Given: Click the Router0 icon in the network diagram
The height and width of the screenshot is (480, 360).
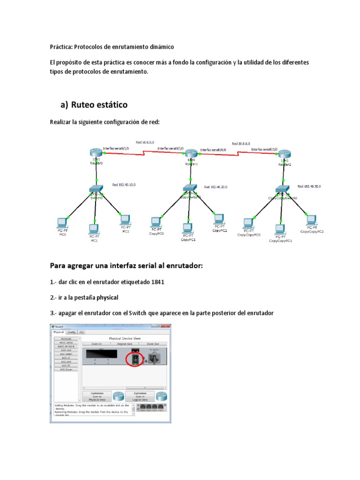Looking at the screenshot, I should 96,152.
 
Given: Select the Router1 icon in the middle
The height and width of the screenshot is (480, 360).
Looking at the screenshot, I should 190,154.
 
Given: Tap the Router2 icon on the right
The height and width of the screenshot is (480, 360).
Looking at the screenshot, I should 283,154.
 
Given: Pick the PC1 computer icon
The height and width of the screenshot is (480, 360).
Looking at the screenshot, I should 94,229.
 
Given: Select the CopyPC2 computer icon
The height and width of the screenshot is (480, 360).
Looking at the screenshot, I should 219,218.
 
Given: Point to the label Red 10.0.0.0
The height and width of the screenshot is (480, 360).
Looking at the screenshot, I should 145,142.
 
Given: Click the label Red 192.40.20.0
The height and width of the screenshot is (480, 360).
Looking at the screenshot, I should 216,187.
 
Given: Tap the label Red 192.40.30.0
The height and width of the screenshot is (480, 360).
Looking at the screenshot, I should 309,186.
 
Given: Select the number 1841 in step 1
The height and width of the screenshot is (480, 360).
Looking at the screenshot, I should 155,282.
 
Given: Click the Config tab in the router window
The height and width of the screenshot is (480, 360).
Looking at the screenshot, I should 71,332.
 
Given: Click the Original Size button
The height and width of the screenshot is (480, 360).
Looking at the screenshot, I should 124,344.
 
